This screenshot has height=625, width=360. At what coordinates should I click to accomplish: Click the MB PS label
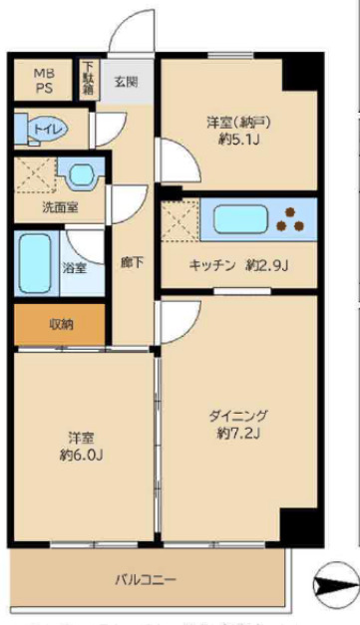pyautogui.click(x=46, y=81)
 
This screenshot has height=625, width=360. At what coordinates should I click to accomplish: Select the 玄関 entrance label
pyautogui.click(x=125, y=82)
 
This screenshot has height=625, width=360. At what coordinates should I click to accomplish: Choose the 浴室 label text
pyautogui.click(x=74, y=267)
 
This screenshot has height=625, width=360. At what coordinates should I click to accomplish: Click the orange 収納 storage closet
pyautogui.click(x=61, y=324)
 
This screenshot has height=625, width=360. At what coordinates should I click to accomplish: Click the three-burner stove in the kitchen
pyautogui.click(x=296, y=217)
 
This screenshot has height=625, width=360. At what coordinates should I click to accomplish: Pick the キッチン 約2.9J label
pyautogui.click(x=239, y=265)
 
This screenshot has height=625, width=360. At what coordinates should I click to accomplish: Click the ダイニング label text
pyautogui.click(x=238, y=417)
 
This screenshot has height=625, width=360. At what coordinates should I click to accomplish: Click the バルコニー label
pyautogui.click(x=146, y=579)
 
